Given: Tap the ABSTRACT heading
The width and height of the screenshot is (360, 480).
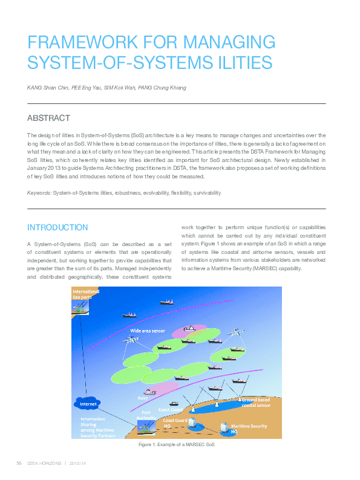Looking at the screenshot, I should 49,118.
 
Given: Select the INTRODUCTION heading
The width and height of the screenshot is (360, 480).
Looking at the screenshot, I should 57,227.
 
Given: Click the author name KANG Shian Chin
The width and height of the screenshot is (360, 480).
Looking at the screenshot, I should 48,88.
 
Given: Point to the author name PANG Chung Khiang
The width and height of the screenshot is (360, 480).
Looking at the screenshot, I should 163,88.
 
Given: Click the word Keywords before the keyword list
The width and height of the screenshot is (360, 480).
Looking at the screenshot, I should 39,193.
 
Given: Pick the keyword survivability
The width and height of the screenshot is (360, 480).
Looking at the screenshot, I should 207,193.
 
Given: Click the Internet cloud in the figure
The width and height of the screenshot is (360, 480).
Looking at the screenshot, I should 85,403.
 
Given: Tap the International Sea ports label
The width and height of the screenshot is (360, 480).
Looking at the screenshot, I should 85,294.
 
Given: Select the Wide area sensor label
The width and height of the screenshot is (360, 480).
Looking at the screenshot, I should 148,331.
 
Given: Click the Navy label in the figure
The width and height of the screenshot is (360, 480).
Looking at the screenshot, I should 143,398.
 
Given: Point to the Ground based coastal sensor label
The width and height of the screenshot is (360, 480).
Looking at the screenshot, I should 255,402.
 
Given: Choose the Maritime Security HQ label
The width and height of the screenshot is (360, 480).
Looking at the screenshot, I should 249,429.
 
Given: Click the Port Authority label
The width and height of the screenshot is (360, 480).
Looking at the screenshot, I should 146,416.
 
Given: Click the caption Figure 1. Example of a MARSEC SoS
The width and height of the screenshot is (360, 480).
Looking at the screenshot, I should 177,445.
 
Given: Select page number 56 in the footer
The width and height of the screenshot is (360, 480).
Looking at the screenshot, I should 19,463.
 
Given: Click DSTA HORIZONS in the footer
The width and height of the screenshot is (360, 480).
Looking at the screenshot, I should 45,463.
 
